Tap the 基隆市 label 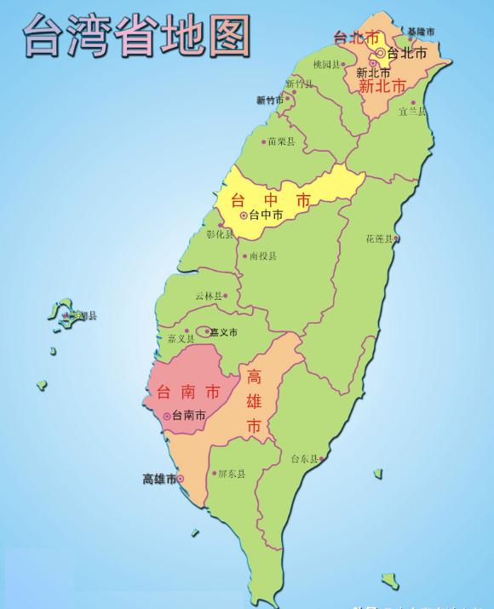click(x=421, y=32)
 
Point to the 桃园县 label click(x=326, y=64)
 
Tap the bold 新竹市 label click(x=270, y=100)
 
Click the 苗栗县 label click(x=281, y=141)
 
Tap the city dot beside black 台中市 click(x=244, y=216)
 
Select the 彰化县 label click(x=219, y=233)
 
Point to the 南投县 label click(x=262, y=255)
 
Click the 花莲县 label click(x=379, y=238)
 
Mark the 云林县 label click(x=208, y=296)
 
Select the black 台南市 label click(x=188, y=416)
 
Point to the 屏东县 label click(x=231, y=474)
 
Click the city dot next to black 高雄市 click(x=180, y=480)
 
